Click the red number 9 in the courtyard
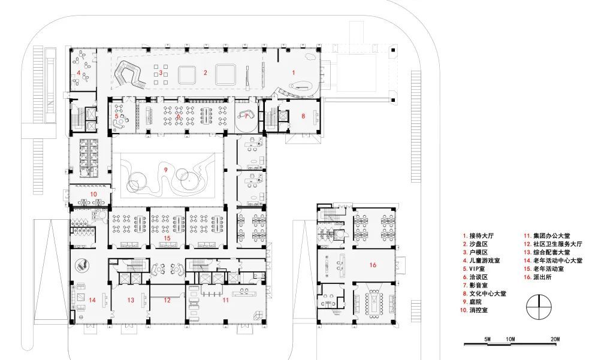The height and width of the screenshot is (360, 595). pyautogui.click(x=165, y=170)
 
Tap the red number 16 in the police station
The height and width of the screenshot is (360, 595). pyautogui.click(x=373, y=265)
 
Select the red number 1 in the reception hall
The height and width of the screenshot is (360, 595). pyautogui.click(x=293, y=72)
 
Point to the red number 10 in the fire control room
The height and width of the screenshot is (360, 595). pyautogui.click(x=93, y=194)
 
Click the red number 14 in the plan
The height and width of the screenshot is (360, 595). pyautogui.click(x=92, y=300)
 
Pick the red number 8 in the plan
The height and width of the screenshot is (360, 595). pyautogui.click(x=303, y=116)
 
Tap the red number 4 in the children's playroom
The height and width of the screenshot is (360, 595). pyautogui.click(x=78, y=72)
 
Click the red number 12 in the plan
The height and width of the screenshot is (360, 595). pyautogui.click(x=167, y=300)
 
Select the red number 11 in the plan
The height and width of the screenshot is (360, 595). pyautogui.click(x=226, y=300)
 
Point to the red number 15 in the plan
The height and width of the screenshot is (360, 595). pyautogui.click(x=167, y=238)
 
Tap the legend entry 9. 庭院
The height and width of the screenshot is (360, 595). pyautogui.click(x=472, y=302)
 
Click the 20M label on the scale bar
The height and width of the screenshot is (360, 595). pyautogui.click(x=555, y=339)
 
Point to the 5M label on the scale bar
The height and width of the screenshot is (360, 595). pyautogui.click(x=487, y=339)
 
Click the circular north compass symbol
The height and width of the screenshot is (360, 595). pyautogui.click(x=539, y=307)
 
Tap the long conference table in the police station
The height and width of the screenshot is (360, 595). pyautogui.click(x=374, y=300)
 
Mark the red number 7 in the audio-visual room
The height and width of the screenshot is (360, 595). pyautogui.click(x=246, y=116)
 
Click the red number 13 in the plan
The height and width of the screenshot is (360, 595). pyautogui.click(x=131, y=300)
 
